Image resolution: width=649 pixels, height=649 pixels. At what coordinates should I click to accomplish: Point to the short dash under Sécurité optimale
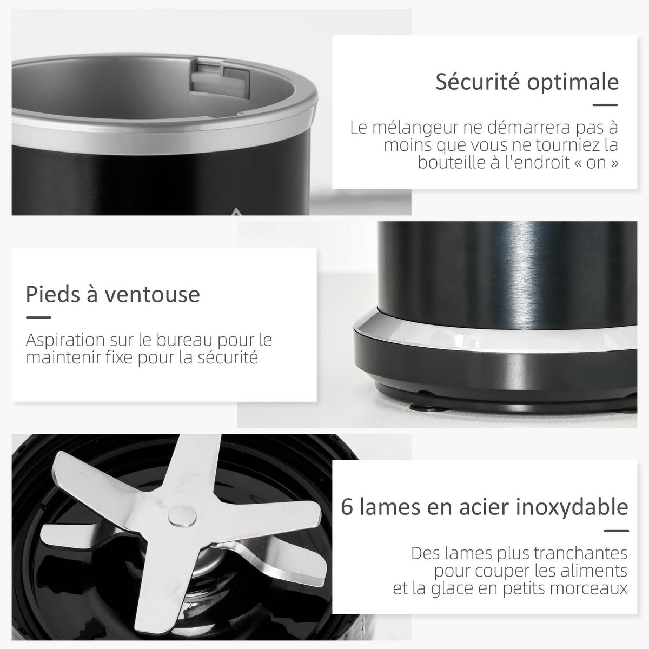pos(606,106)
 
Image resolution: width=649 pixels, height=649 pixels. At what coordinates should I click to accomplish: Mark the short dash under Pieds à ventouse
pos(38,318)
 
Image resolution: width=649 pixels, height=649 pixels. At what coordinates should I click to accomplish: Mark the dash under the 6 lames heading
pos(616,531)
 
